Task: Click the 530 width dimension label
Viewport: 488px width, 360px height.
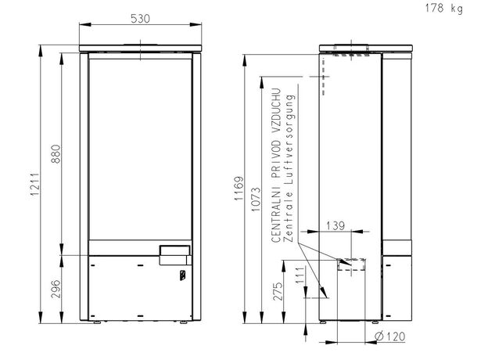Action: tap(140, 19)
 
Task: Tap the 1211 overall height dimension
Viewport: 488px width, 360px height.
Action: tap(34, 185)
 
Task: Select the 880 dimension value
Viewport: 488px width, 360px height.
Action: tap(56, 154)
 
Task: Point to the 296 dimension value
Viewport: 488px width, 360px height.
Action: tap(56, 289)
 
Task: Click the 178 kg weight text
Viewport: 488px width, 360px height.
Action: tap(443, 8)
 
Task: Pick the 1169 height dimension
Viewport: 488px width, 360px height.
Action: tap(239, 189)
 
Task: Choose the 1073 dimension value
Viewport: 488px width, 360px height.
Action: tap(256, 200)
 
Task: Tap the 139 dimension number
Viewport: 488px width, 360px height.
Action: tap(335, 225)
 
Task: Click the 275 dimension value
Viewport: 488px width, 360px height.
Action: tap(278, 291)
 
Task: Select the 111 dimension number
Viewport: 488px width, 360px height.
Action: tap(300, 275)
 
